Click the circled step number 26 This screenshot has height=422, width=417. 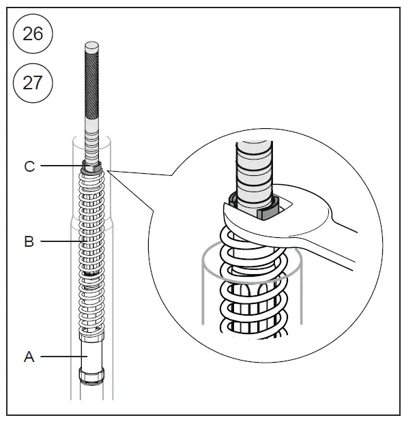33,33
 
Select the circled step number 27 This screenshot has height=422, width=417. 33,83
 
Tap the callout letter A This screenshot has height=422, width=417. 29,356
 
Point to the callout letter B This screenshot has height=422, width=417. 29,241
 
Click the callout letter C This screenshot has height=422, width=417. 29,166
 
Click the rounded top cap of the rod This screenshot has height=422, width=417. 91,48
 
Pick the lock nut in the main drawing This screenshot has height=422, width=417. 91,166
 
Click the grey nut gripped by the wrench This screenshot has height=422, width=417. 268,212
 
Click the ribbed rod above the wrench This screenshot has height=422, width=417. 253,170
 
